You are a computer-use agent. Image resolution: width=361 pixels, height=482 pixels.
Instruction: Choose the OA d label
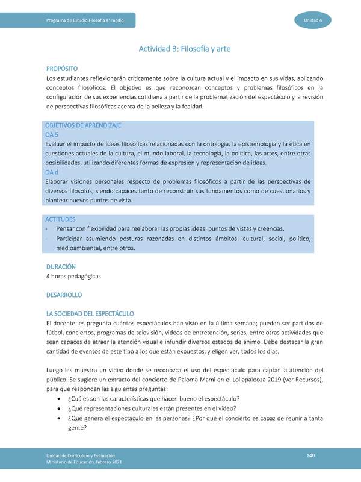click(52, 172)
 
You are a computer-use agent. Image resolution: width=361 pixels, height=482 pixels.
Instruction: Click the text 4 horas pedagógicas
click(73, 276)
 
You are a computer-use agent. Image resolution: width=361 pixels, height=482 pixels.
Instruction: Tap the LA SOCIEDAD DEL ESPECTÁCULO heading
click(90, 314)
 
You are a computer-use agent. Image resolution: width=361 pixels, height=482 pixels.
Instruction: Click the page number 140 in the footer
click(311, 455)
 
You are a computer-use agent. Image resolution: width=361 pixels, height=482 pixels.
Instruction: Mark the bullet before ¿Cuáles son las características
click(57, 399)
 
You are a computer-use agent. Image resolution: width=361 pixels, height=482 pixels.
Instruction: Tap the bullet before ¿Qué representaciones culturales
click(57, 410)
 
